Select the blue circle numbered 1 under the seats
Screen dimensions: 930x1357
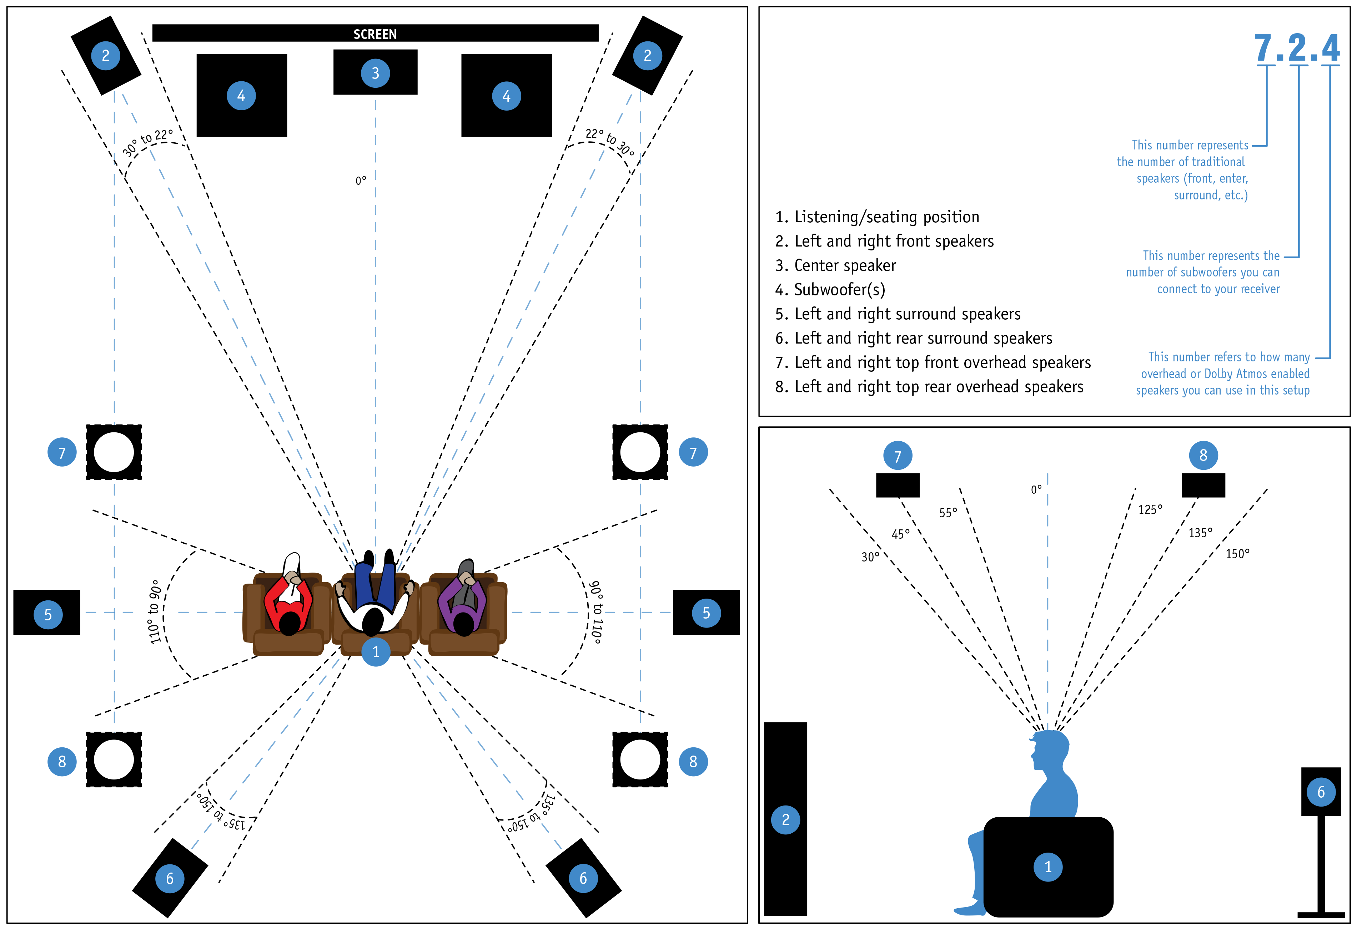(376, 652)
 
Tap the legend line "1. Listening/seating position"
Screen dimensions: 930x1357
(877, 217)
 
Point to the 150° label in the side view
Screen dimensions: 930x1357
(1237, 554)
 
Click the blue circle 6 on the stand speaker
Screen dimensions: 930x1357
(1321, 792)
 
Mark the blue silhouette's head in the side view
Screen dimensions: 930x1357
(1051, 750)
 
